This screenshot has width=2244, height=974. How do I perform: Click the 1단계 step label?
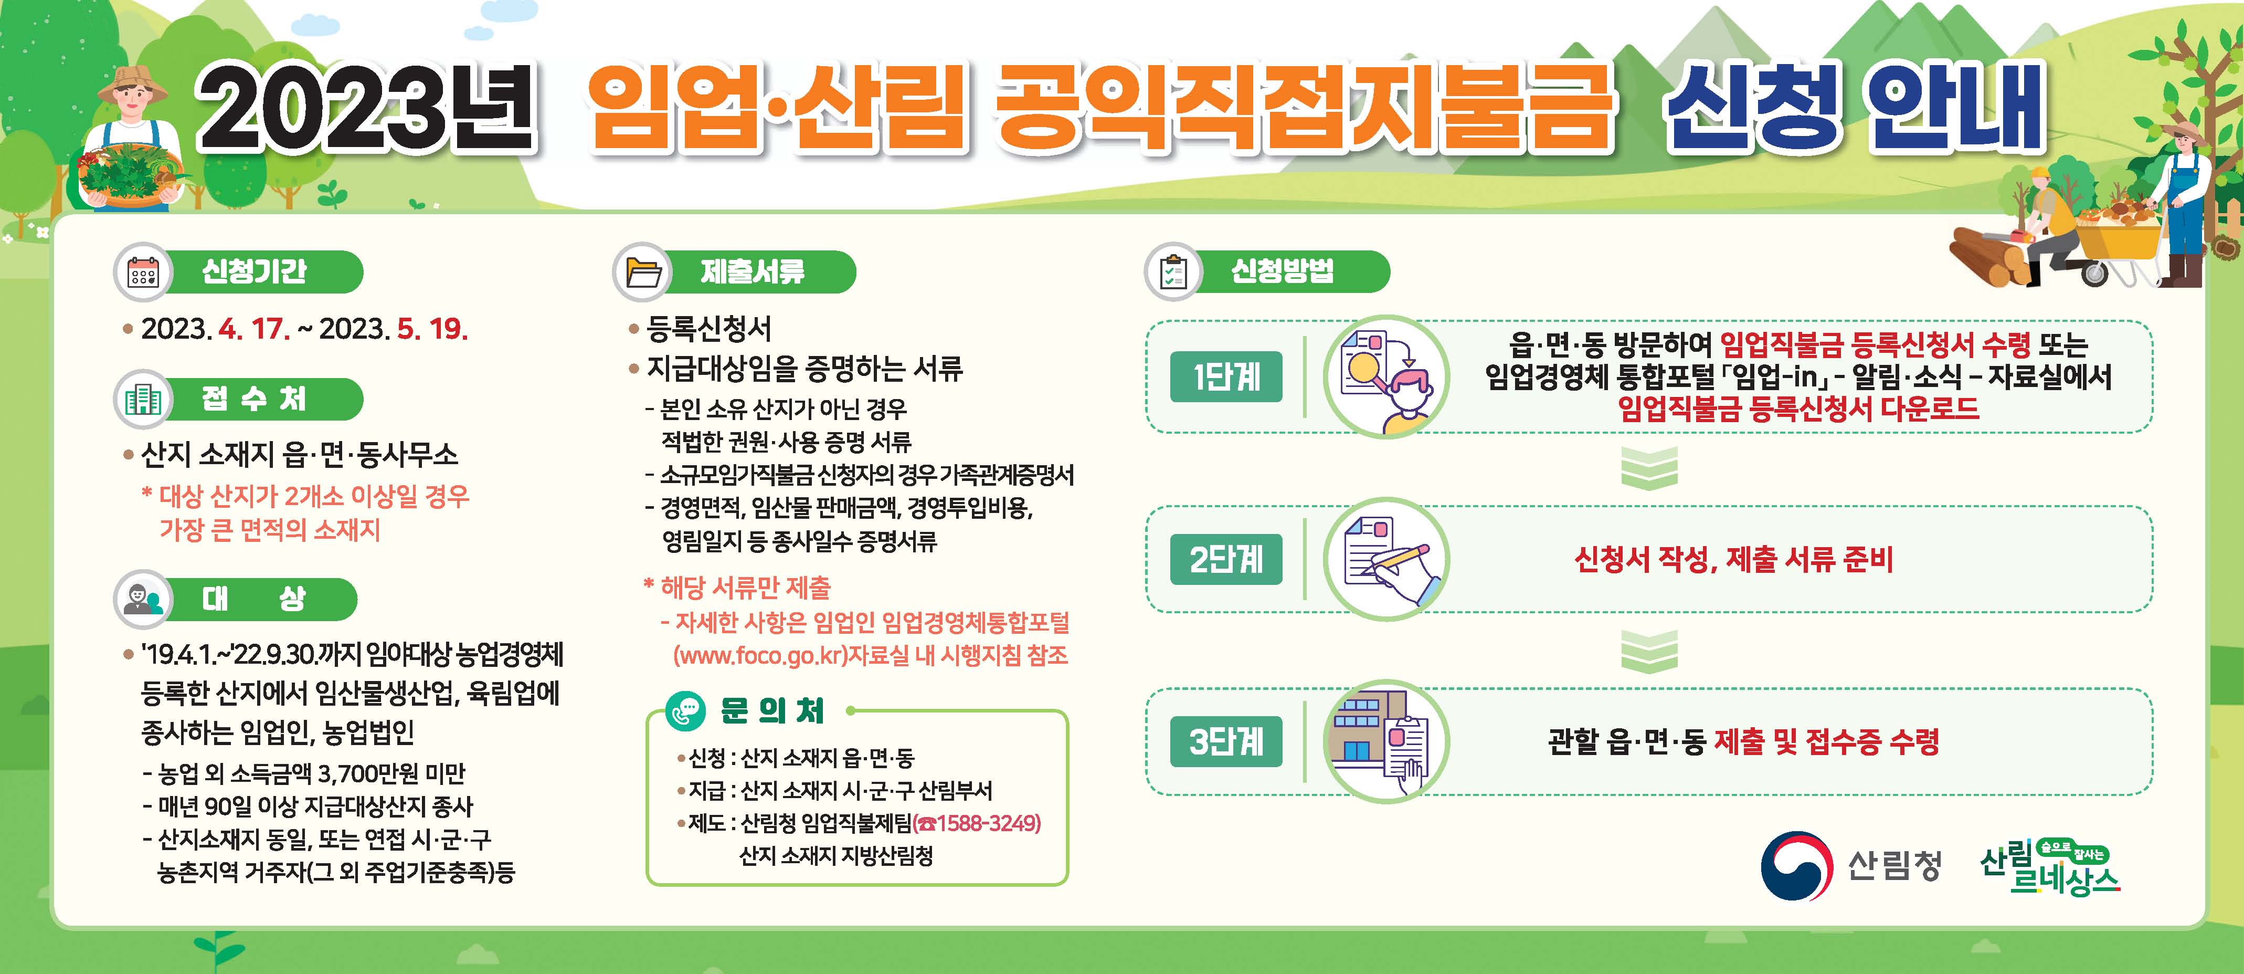pyautogui.click(x=1226, y=376)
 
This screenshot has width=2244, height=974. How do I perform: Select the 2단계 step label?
pyautogui.click(x=1226, y=559)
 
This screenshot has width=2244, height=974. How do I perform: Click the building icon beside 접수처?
pyautogui.click(x=142, y=400)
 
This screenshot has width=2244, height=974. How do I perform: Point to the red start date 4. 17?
pyautogui.click(x=255, y=329)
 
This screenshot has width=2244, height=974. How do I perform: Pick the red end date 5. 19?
pyautogui.click(x=432, y=329)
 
